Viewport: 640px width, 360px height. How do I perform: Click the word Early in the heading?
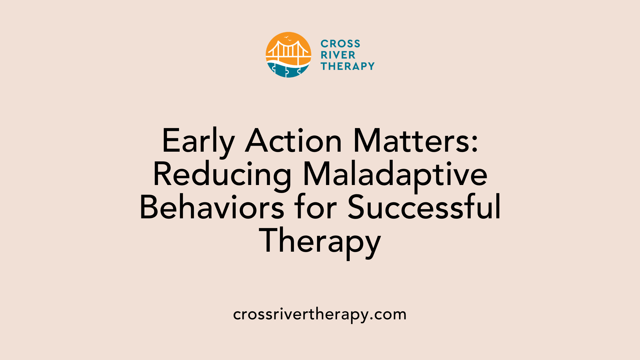tap(198, 142)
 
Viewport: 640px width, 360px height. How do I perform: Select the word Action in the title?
tap(293, 141)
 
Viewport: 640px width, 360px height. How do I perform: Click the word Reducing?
tap(222, 176)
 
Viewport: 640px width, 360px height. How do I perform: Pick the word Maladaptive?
tap(395, 176)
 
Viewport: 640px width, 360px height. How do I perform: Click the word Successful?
tap(424, 208)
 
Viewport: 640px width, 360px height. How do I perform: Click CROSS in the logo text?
tap(340, 44)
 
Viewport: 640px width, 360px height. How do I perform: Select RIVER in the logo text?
tap(338, 55)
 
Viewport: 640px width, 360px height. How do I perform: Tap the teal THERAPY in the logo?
tap(348, 66)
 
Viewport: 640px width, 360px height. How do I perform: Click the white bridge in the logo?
tap(289, 52)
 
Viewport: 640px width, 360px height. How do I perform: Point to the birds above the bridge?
tap(287, 38)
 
